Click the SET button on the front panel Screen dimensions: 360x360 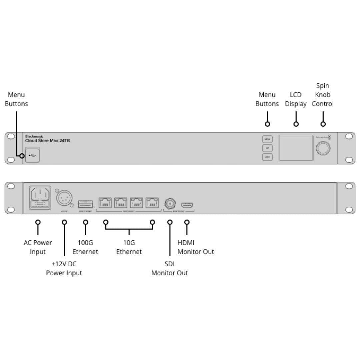pyautogui.click(x=267, y=148)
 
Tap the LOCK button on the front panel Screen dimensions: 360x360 pyautogui.click(x=267, y=157)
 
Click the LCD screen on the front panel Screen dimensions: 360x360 pyautogui.click(x=296, y=148)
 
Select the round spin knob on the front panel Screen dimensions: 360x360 pyautogui.click(x=323, y=148)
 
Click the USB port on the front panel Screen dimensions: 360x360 pyautogui.click(x=32, y=155)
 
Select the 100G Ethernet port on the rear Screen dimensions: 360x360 pyautogui.click(x=85, y=204)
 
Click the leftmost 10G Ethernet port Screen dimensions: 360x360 pyautogui.click(x=105, y=202)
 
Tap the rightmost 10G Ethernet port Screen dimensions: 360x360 pyautogui.click(x=152, y=202)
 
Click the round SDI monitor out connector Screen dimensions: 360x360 pyautogui.click(x=170, y=203)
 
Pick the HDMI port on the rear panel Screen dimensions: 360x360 pyautogui.click(x=187, y=205)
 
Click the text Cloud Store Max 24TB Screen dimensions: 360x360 pyautogui.click(x=47, y=141)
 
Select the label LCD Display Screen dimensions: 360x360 pyautogui.click(x=296, y=99)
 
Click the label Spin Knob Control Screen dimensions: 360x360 pyautogui.click(x=323, y=95)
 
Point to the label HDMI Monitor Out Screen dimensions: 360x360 pyautogui.click(x=195, y=247)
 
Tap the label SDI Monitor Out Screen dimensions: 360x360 pyautogui.click(x=170, y=268)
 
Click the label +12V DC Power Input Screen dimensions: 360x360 pyautogui.click(x=64, y=268)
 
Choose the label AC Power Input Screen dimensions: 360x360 pyautogui.click(x=38, y=247)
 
